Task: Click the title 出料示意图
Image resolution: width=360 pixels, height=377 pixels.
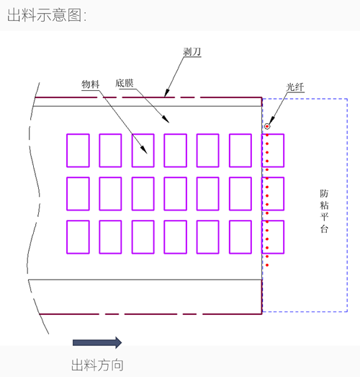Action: (x=47, y=15)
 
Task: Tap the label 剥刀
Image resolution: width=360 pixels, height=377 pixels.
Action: (x=192, y=51)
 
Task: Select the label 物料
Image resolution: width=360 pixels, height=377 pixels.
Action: (x=90, y=84)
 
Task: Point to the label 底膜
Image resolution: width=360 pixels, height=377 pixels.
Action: (x=124, y=83)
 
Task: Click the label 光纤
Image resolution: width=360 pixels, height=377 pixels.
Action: (x=295, y=87)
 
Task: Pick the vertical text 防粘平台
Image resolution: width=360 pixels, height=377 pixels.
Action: (x=324, y=211)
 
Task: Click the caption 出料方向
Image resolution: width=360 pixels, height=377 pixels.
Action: (x=97, y=365)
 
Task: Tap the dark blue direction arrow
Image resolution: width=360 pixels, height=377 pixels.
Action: (x=97, y=342)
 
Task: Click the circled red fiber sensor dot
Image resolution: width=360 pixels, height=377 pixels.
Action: (x=267, y=126)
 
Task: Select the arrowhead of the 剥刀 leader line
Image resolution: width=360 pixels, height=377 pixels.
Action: (x=166, y=93)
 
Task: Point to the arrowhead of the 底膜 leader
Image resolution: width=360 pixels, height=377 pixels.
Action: (x=166, y=119)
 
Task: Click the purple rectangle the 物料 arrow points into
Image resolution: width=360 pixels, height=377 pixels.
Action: (x=143, y=151)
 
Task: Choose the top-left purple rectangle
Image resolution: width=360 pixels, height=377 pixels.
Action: (x=78, y=151)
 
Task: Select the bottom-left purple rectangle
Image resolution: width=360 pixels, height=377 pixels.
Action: (x=78, y=237)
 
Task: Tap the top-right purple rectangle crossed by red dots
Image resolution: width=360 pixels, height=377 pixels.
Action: (x=273, y=151)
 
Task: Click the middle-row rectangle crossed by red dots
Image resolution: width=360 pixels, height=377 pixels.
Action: (x=273, y=194)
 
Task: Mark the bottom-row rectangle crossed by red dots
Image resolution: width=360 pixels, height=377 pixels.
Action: (x=273, y=237)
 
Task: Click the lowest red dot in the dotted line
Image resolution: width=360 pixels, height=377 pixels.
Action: (x=267, y=265)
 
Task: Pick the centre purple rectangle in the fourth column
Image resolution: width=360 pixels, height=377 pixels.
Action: (x=175, y=194)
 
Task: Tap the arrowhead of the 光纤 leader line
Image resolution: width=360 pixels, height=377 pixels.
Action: (x=271, y=120)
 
